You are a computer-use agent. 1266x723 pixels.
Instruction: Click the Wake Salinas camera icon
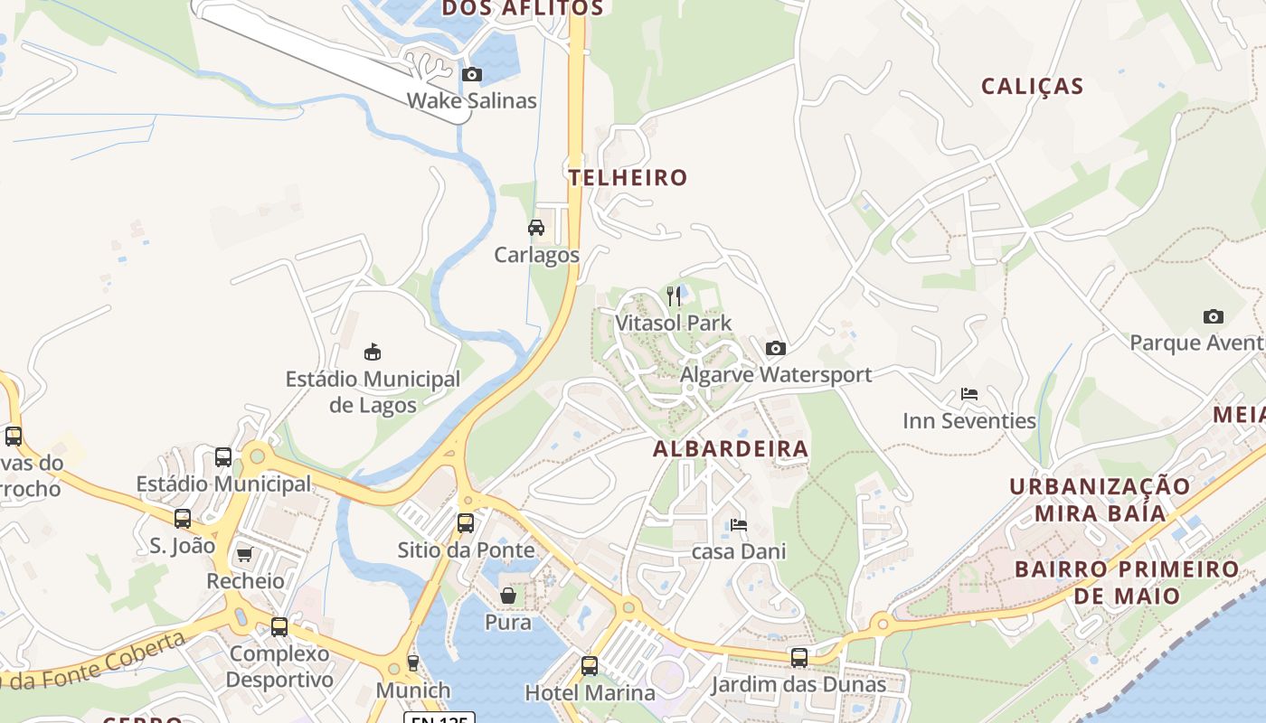click(x=471, y=75)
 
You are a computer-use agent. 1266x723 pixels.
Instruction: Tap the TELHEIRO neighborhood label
click(x=628, y=177)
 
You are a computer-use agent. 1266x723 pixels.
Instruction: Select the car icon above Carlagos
click(x=536, y=228)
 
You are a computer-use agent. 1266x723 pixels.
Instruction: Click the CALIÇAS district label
click(x=1032, y=87)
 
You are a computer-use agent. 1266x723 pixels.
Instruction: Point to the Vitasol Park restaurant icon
click(x=673, y=296)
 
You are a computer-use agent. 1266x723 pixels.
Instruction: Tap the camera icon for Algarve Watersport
click(x=775, y=348)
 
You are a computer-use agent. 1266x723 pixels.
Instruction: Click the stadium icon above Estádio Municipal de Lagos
click(x=373, y=352)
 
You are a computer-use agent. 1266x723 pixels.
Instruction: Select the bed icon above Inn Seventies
click(x=968, y=394)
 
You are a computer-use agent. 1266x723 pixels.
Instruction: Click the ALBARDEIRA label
click(x=731, y=449)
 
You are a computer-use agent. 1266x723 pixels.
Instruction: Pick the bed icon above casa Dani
click(x=738, y=524)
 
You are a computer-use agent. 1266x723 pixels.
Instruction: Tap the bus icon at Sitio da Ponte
click(x=466, y=522)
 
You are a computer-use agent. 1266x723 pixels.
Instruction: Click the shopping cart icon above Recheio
click(x=244, y=554)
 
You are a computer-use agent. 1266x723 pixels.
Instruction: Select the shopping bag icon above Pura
click(x=508, y=596)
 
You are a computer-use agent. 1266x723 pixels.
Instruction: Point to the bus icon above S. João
click(x=183, y=519)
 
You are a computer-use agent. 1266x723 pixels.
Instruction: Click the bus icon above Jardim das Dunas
click(x=798, y=657)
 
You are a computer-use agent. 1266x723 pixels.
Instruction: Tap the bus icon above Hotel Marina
click(x=590, y=666)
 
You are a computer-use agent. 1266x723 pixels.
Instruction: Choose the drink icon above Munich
click(x=413, y=663)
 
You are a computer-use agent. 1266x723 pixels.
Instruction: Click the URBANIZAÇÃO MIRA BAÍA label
click(x=1100, y=500)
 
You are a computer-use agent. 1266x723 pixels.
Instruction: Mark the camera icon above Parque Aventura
click(x=1214, y=316)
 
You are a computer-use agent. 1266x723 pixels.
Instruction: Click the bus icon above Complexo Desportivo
click(x=279, y=626)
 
